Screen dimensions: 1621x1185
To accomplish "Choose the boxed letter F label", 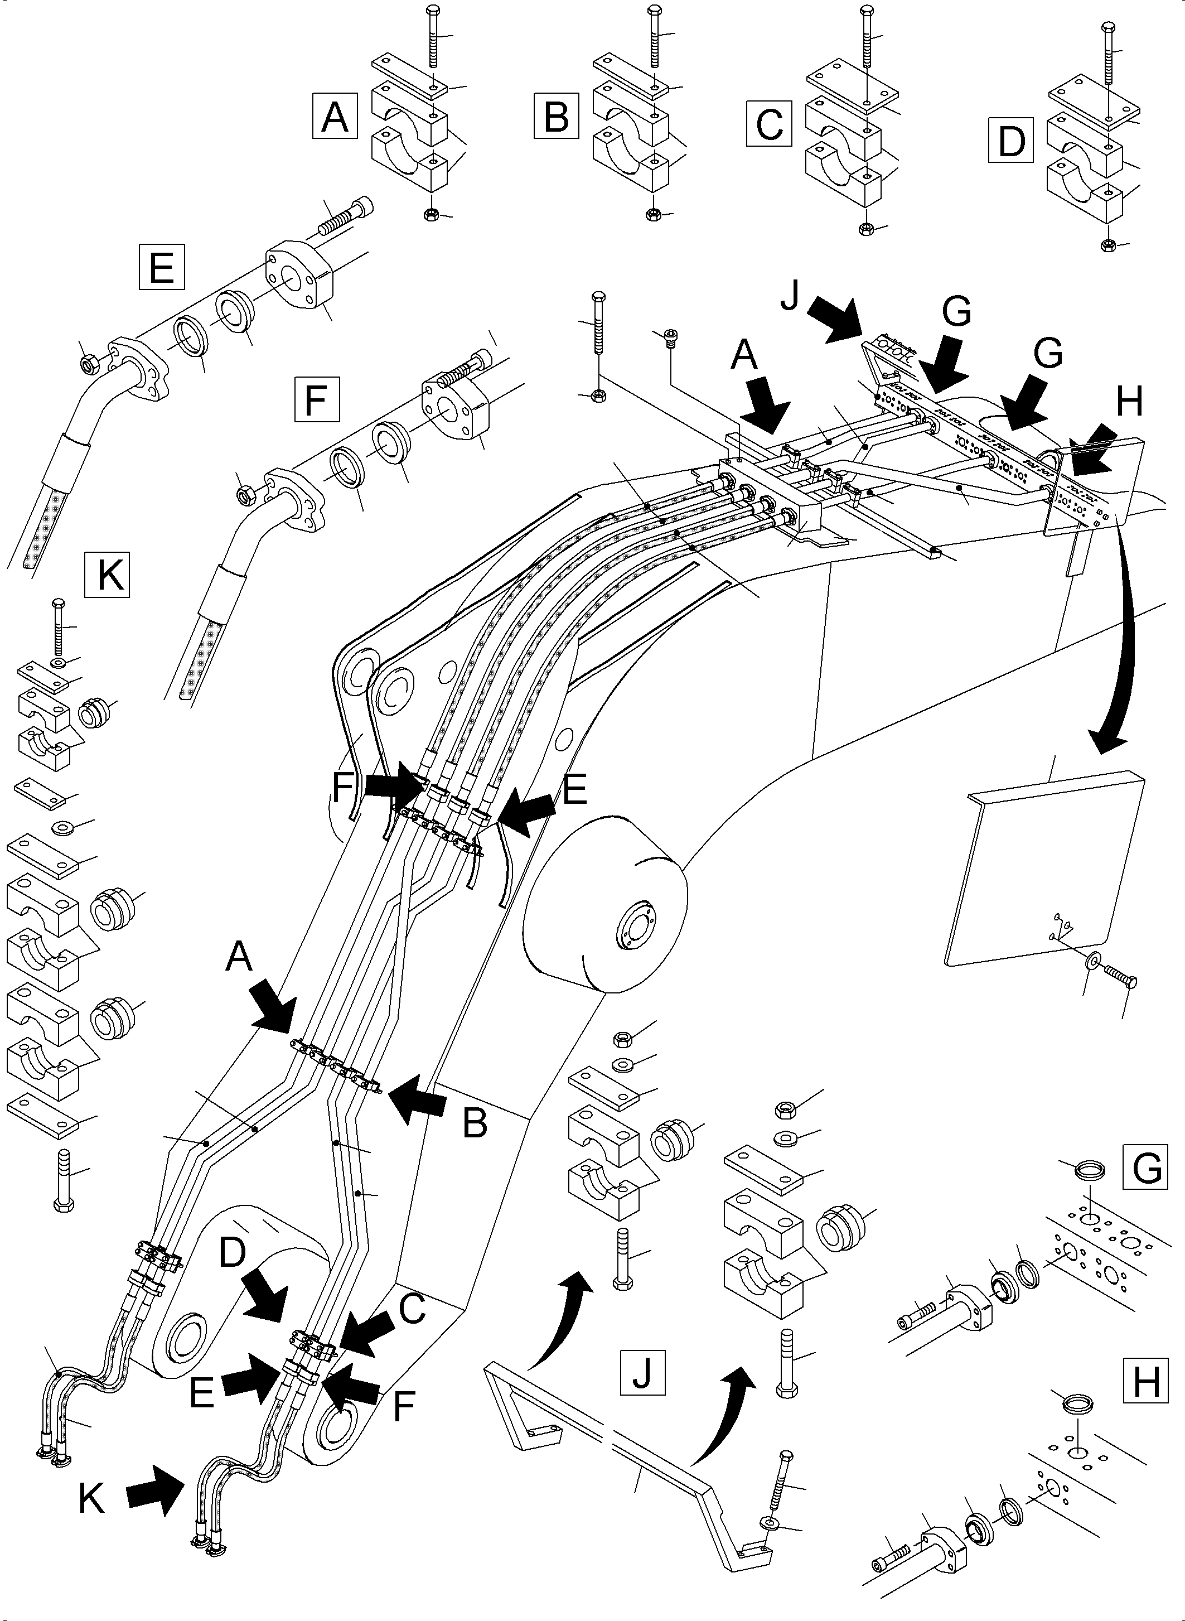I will click(316, 400).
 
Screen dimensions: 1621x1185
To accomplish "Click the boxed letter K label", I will click(107, 573).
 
